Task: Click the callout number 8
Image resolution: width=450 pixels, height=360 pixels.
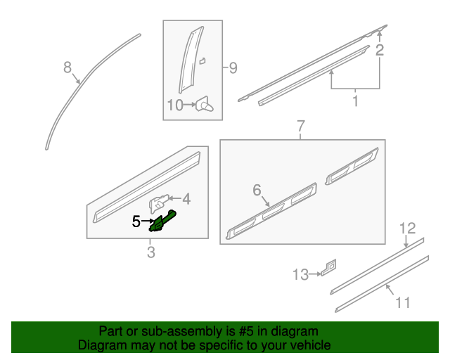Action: pyautogui.click(x=67, y=67)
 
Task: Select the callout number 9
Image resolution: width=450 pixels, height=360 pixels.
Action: pyautogui.click(x=233, y=68)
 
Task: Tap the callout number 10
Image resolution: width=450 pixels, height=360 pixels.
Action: pyautogui.click(x=174, y=105)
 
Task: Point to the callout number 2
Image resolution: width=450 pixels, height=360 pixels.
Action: pyautogui.click(x=380, y=50)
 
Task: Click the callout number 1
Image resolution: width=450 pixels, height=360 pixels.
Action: pyautogui.click(x=355, y=101)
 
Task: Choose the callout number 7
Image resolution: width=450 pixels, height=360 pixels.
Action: pyautogui.click(x=300, y=127)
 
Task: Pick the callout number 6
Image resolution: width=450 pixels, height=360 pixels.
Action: pyautogui.click(x=257, y=190)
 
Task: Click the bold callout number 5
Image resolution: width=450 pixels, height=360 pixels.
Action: pyautogui.click(x=136, y=221)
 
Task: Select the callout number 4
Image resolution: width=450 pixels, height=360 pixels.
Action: pyautogui.click(x=187, y=199)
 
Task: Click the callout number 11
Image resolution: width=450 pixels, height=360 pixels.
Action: pyautogui.click(x=402, y=302)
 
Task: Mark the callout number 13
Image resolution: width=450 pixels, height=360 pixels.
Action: pyautogui.click(x=300, y=274)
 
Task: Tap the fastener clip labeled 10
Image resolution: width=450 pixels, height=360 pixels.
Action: pyautogui.click(x=205, y=105)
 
